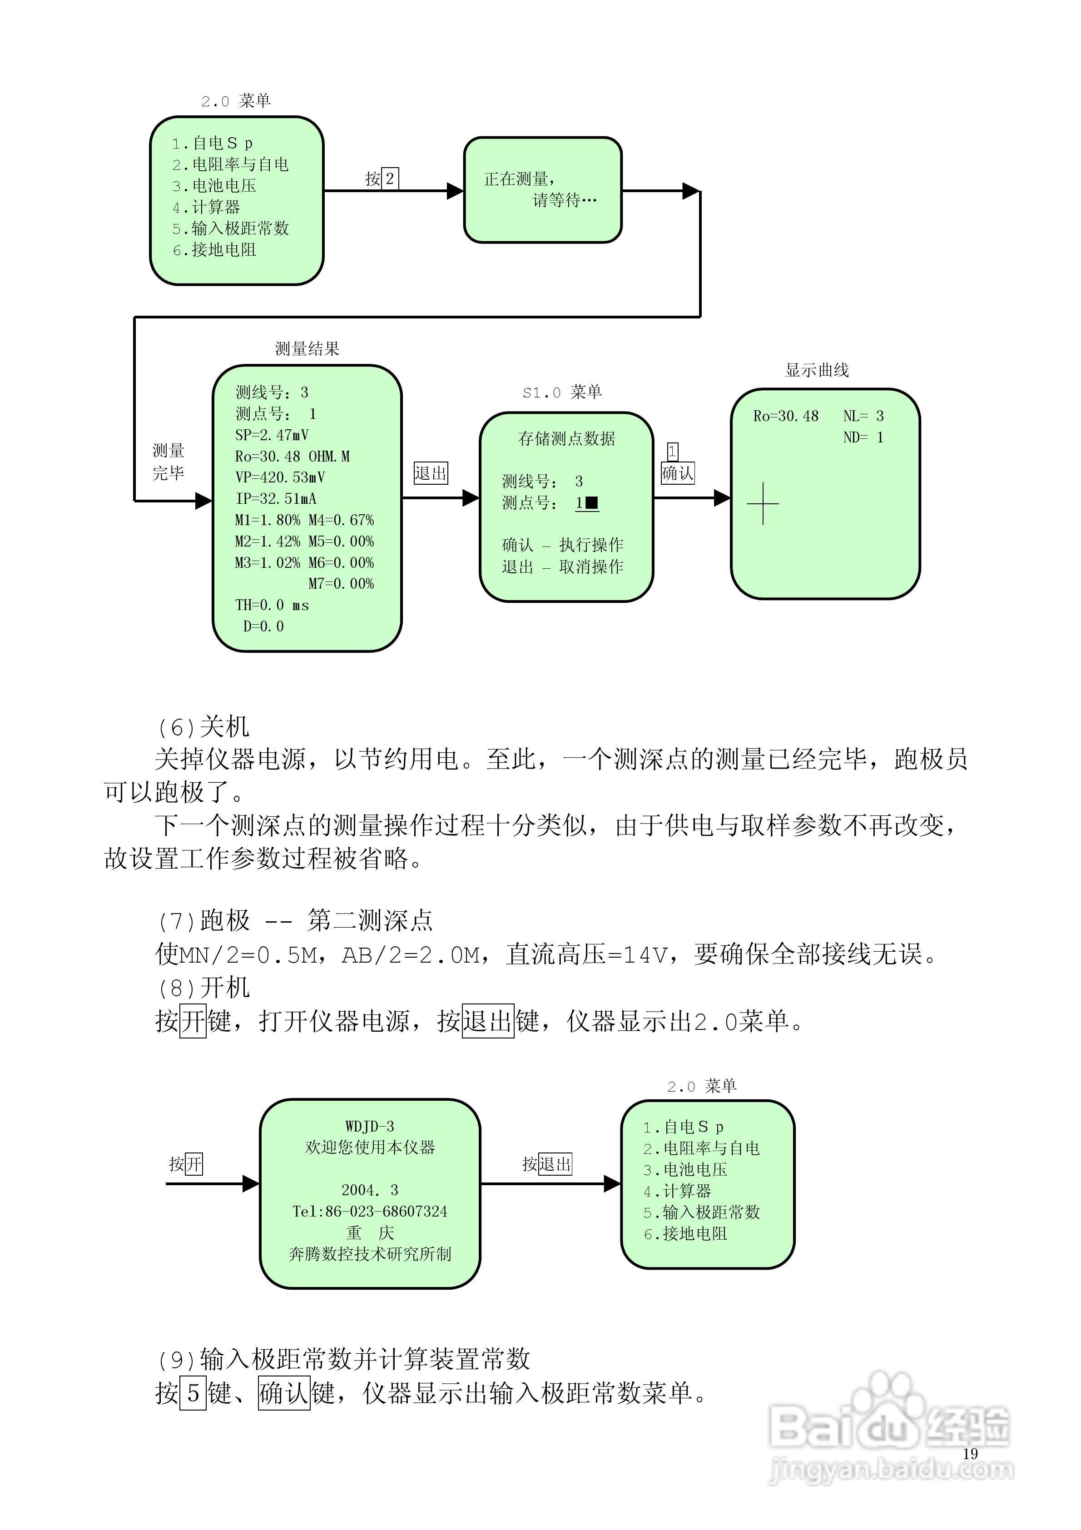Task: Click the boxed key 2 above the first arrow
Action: pyautogui.click(x=390, y=178)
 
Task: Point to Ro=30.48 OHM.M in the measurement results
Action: pyautogui.click(x=292, y=457)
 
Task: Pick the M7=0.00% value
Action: pyautogui.click(x=341, y=584)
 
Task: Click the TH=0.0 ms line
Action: pyautogui.click(x=272, y=605)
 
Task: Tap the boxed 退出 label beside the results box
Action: pyautogui.click(x=431, y=473)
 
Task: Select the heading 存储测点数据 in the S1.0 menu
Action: pyautogui.click(x=566, y=438)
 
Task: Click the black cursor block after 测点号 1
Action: pyautogui.click(x=591, y=502)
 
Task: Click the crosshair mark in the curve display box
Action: pyautogui.click(x=763, y=504)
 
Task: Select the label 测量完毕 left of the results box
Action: pyautogui.click(x=168, y=461)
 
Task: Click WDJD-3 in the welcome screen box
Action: pyautogui.click(x=369, y=1126)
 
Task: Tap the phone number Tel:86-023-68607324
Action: pyautogui.click(x=370, y=1212)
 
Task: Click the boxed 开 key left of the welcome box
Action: pyautogui.click(x=193, y=1164)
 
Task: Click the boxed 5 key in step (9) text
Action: pyautogui.click(x=193, y=1393)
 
